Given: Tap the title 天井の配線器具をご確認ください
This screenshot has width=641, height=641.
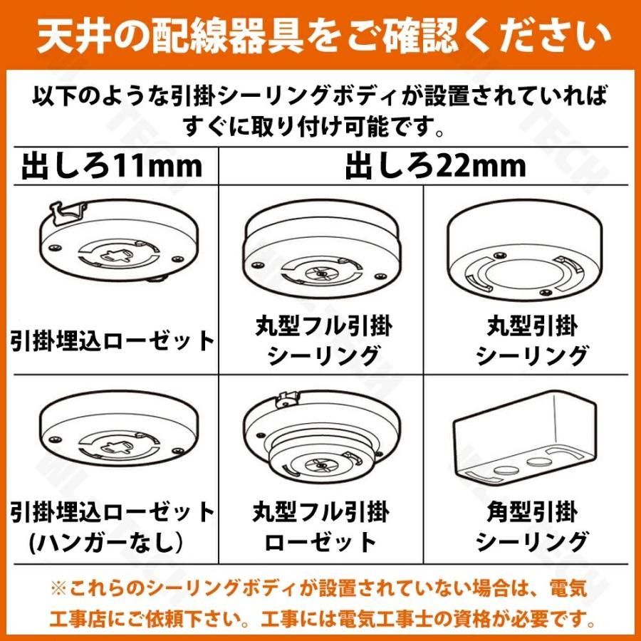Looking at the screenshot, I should [x=320, y=36].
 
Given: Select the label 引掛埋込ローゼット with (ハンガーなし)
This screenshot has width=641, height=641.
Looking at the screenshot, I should [x=113, y=527].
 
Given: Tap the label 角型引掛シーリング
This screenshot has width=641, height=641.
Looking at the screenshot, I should [x=532, y=527].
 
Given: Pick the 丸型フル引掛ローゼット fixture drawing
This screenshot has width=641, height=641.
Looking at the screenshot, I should [x=320, y=442].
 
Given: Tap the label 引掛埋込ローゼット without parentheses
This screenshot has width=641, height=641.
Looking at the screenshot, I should [x=113, y=341].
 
